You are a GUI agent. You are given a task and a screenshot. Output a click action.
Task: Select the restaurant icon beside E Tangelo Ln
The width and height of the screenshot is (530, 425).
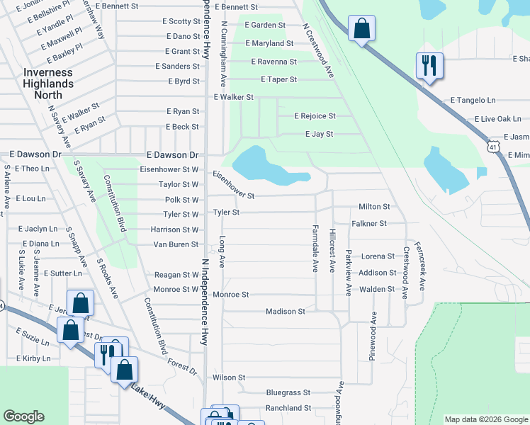point(429,66)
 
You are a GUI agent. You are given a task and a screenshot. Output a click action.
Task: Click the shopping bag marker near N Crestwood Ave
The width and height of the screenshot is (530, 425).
point(361,29)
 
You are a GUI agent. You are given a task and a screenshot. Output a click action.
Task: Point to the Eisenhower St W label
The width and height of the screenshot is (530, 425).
point(169,169)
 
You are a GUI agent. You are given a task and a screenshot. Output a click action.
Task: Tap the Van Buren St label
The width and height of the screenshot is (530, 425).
point(176,244)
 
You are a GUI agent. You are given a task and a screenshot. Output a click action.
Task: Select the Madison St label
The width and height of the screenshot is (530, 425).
point(285,311)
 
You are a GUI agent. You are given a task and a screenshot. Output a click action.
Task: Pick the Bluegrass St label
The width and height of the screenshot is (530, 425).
point(288,392)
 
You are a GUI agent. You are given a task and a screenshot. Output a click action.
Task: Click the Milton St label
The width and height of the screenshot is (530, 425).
point(374,207)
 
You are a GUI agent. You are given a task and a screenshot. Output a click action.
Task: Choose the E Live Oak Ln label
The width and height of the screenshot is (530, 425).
point(497,119)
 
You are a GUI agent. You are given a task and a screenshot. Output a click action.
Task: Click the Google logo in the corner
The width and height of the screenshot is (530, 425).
point(23,416)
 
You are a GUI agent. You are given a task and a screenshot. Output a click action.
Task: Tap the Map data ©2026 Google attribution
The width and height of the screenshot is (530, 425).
point(486,419)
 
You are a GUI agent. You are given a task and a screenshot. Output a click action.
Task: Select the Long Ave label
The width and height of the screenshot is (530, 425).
point(222,251)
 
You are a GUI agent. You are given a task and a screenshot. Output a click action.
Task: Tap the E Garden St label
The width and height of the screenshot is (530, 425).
point(264,25)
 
